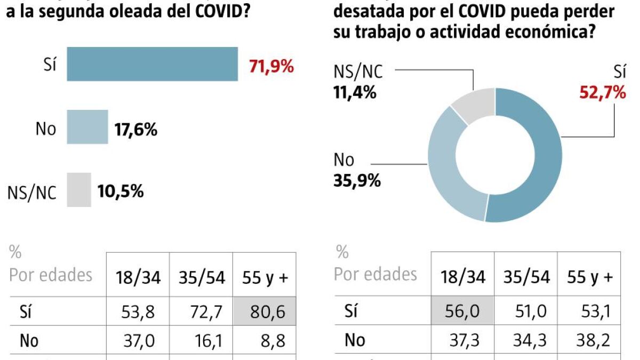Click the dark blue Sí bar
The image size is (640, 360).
click(x=152, y=65)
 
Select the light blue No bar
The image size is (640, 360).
click(x=87, y=127)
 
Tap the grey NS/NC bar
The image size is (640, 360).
click(x=79, y=190)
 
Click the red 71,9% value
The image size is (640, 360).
click(x=271, y=66)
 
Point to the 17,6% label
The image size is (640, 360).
click(x=135, y=129)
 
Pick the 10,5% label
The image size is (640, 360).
click(x=121, y=191)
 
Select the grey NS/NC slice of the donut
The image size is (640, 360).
click(x=472, y=105)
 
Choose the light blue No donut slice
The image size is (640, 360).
click(x=453, y=165)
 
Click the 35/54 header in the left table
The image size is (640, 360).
click(x=201, y=278)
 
